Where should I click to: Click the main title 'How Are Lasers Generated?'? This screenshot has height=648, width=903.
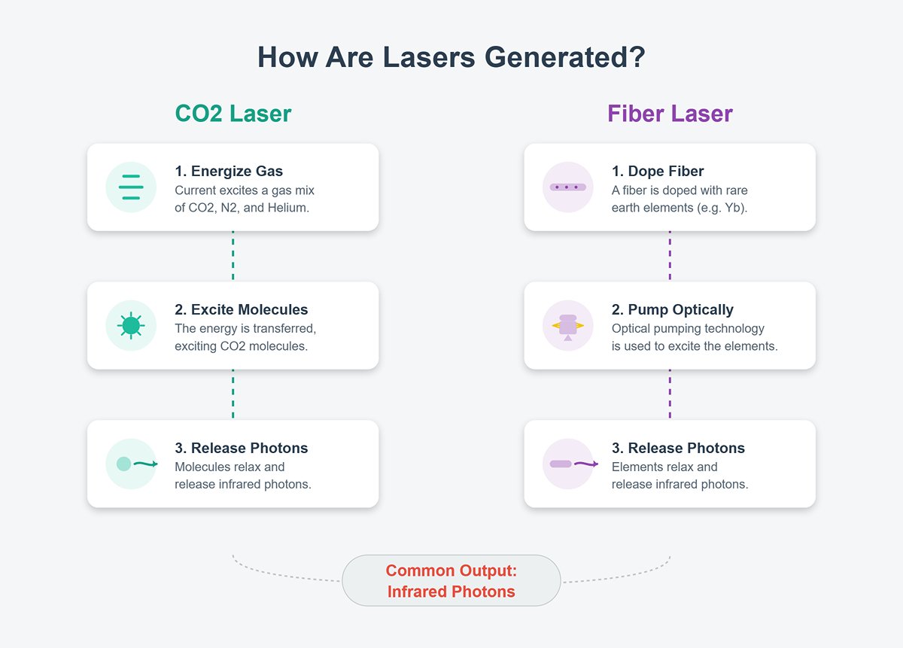click(x=451, y=57)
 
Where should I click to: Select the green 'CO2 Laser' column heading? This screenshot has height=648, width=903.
click(x=233, y=114)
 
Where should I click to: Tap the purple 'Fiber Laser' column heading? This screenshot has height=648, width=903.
click(x=670, y=114)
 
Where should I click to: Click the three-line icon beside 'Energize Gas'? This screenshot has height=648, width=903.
click(x=131, y=187)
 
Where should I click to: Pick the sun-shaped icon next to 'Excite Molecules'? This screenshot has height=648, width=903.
click(x=131, y=325)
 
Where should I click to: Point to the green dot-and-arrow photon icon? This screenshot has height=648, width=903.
click(x=137, y=464)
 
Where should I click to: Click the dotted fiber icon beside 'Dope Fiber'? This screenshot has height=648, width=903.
click(x=568, y=187)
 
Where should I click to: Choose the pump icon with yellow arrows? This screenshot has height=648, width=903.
click(x=568, y=327)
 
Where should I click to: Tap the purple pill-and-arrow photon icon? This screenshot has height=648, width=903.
click(x=574, y=464)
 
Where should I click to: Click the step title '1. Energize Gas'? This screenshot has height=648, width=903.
click(x=229, y=171)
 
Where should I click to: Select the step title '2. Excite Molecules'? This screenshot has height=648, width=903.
click(x=241, y=309)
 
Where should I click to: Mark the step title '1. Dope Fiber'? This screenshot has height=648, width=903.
click(x=658, y=171)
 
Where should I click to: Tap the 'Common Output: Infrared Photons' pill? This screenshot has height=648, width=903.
click(x=451, y=581)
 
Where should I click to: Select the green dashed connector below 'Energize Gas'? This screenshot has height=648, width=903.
click(x=233, y=256)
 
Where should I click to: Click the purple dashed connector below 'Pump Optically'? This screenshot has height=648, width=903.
click(x=670, y=394)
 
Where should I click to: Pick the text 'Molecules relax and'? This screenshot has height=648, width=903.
click(x=230, y=467)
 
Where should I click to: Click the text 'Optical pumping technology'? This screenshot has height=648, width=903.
click(x=688, y=329)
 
